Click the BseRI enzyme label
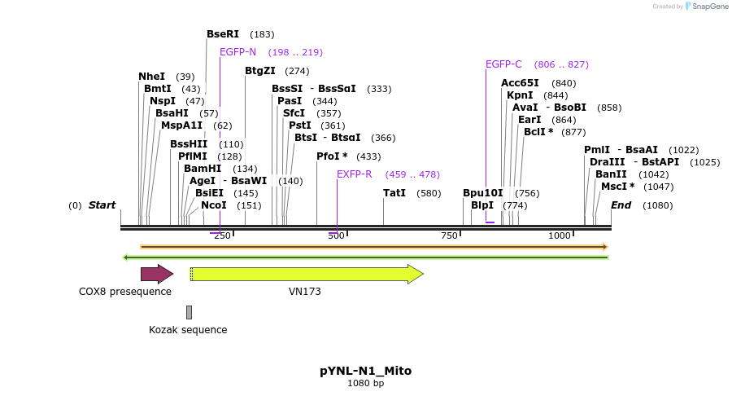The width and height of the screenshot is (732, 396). (222, 34)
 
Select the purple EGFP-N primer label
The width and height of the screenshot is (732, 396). (237, 52)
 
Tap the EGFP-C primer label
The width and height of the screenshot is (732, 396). (503, 64)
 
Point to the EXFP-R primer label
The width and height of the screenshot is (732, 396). (354, 174)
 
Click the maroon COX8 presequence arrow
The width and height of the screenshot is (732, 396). (157, 274)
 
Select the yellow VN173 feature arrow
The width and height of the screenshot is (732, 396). (307, 274)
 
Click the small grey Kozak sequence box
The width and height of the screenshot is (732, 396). (189, 312)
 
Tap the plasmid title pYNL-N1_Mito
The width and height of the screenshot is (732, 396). (365, 371)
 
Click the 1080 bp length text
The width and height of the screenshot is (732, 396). (365, 383)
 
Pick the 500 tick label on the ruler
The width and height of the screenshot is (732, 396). (336, 235)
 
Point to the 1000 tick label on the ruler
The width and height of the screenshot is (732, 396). (560, 235)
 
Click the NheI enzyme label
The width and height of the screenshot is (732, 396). (151, 77)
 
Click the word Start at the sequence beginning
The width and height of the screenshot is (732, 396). (102, 205)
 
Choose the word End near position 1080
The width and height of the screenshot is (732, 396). (621, 205)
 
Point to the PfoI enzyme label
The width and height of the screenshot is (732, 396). (331, 156)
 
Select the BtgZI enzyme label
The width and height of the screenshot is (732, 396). (260, 71)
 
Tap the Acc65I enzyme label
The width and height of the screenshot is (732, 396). (520, 83)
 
